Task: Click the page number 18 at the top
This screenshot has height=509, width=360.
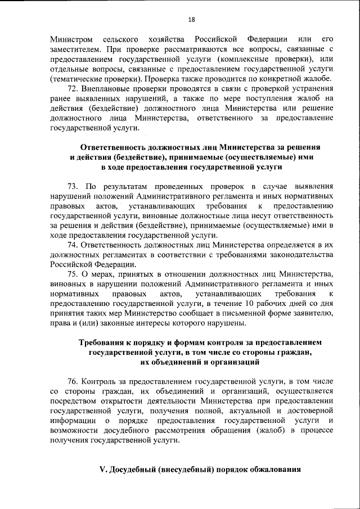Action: [x=191, y=20]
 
